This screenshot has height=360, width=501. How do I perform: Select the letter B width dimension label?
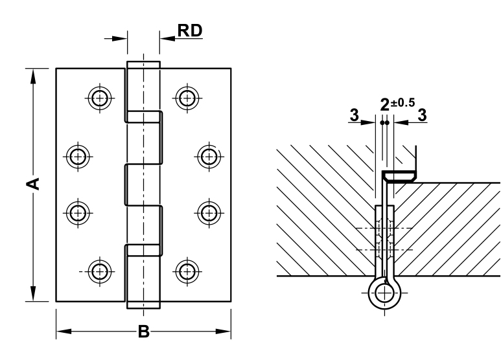tap(144, 333)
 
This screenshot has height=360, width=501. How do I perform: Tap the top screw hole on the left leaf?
tap(99, 98)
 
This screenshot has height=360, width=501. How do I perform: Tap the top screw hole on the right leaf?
tap(187, 98)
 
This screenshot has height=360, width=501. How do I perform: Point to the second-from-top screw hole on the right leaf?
tap(207, 155)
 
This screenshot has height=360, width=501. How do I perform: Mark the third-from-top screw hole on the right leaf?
tap(207, 212)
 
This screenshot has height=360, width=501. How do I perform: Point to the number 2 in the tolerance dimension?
tap(385, 105)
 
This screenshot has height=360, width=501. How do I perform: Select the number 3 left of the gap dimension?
tap(354, 115)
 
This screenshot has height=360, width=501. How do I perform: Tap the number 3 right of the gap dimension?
tap(422, 115)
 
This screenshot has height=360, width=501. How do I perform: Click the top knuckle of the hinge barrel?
tap(142, 89)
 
